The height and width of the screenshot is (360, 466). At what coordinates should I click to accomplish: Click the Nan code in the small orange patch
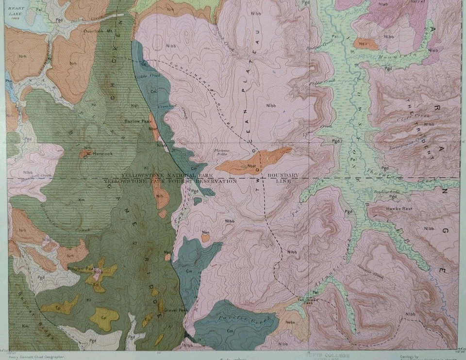click(x=205, y=233)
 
